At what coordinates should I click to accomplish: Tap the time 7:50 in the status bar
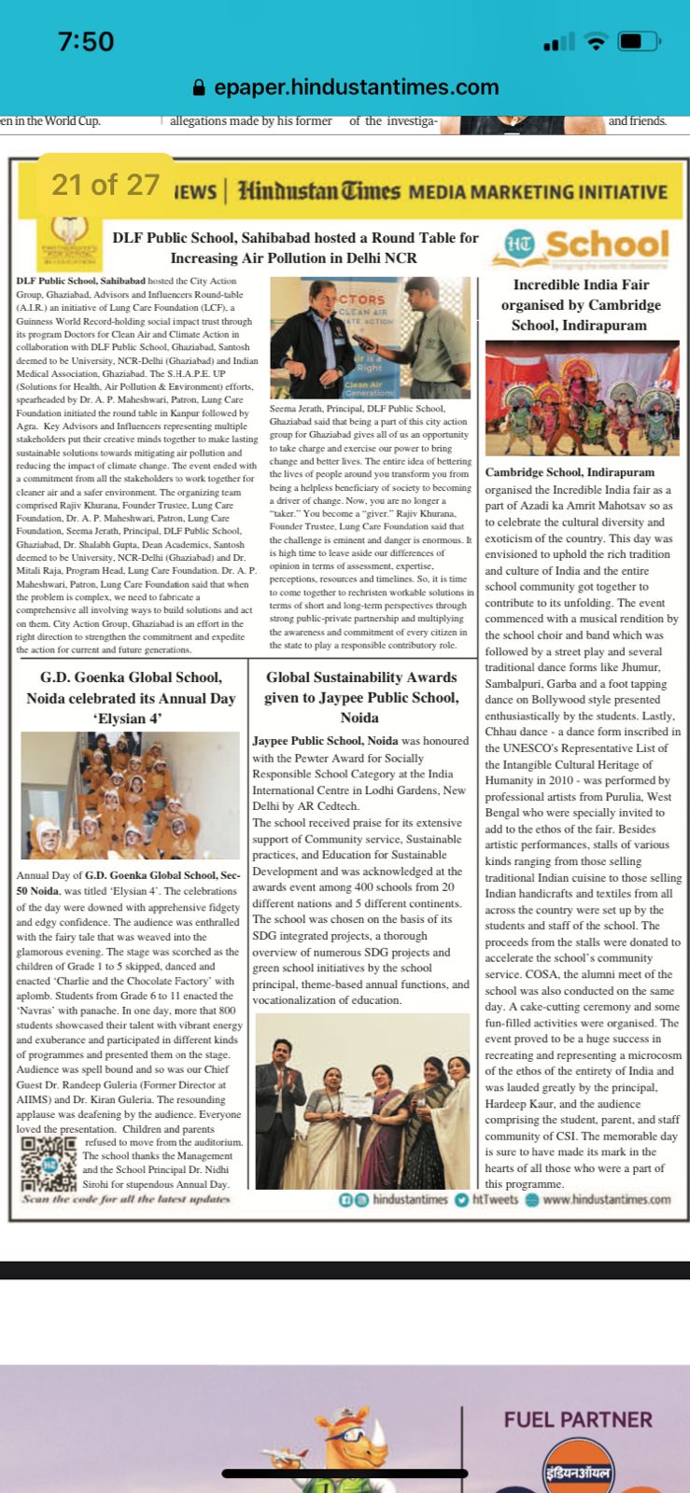86,41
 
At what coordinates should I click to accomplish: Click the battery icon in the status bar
643,41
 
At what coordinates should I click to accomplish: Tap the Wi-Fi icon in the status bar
595,41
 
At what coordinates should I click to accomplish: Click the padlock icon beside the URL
198,88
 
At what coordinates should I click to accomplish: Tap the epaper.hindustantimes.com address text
356,88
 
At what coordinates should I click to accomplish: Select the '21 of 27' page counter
106,185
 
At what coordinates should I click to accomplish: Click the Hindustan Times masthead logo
318,191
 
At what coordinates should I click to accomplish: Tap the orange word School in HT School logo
607,244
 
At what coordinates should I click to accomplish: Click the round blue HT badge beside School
519,244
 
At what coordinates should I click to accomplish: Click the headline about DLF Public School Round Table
295,247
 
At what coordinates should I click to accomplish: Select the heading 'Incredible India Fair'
581,304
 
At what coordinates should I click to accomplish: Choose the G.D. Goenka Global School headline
130,697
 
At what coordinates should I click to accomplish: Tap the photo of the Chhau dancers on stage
582,398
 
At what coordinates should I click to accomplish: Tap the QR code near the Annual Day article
47,1162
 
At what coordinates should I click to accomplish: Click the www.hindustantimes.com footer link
605,1200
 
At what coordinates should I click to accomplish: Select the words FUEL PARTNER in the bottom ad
578,1419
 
